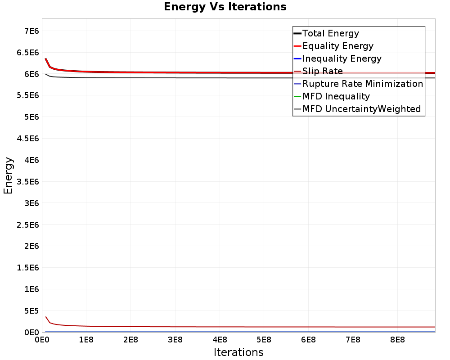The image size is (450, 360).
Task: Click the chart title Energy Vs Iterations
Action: pos(225,7)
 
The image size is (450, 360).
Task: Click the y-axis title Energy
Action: pos(8,175)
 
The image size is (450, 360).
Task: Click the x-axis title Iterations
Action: pos(238,352)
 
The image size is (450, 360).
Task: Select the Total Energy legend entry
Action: pos(326,33)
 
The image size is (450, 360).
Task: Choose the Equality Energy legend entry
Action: pos(333,46)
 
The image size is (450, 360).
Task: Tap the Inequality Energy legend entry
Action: pos(337,58)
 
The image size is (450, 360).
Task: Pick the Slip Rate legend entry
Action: pos(318,71)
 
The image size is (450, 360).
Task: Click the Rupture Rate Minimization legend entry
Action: pos(359,84)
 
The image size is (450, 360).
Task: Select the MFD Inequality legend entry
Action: pos(332,96)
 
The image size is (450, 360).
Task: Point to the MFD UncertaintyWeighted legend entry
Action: pos(357,109)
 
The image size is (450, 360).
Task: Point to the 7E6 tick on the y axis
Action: pos(31,31)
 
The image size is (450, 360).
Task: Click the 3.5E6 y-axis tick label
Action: pos(28,182)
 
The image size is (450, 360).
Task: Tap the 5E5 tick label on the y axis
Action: pos(31,311)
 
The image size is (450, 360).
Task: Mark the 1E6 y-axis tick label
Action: pos(31,289)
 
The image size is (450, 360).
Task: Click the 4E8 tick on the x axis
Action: pos(220,340)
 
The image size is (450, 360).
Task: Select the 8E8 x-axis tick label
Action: pos(398,340)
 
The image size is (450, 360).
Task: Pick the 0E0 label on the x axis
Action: pos(42,340)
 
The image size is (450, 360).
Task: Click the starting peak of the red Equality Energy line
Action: pos(45,58)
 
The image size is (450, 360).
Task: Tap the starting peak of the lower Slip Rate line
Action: pos(45,317)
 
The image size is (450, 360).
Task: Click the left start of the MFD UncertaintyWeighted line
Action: pos(45,74)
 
